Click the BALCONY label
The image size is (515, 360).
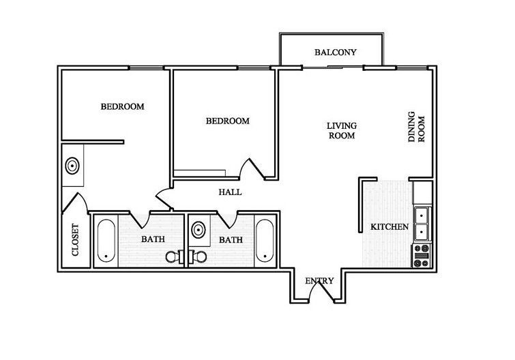[x=336, y=52]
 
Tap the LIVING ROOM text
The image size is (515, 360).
[x=342, y=130]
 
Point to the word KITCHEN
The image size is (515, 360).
[x=389, y=226]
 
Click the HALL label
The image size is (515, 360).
[x=230, y=192]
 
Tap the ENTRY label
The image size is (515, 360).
[x=319, y=281]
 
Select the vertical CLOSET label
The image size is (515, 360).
[x=76, y=240]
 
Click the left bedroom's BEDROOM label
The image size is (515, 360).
[x=122, y=106]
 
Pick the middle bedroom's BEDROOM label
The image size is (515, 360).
[x=227, y=121]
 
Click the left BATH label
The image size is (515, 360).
[x=151, y=239]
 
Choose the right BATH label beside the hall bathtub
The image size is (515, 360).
[x=231, y=239]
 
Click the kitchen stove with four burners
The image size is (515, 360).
[x=422, y=256]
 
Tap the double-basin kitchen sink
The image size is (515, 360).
[x=422, y=223]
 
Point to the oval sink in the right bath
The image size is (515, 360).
[x=199, y=228]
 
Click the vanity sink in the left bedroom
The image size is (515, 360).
[x=72, y=165]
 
